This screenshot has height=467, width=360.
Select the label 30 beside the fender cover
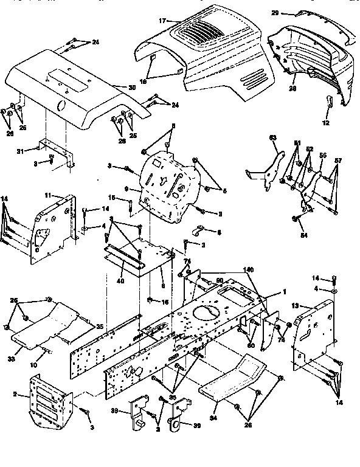tap(132, 88)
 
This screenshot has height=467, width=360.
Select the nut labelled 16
tap(150, 301)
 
